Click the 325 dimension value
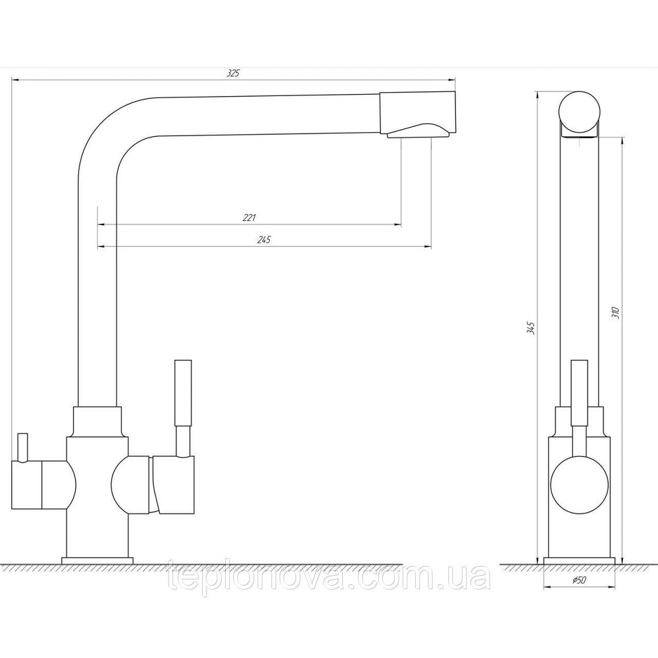pos(233,74)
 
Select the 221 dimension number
pos(249,218)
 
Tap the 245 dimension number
pos(264,240)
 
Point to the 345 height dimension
pos(531,328)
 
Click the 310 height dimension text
pos(616,313)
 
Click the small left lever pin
pos(22,447)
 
